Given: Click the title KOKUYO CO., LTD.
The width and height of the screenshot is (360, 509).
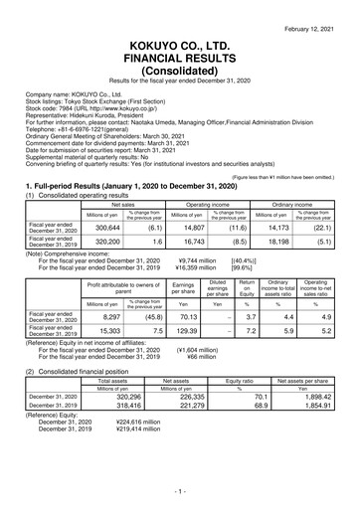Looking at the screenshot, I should coord(180,33).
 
